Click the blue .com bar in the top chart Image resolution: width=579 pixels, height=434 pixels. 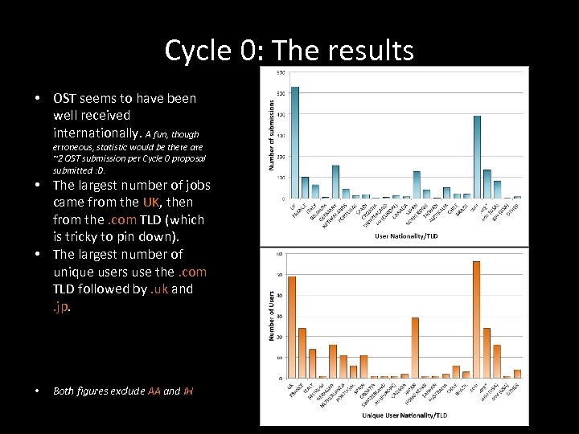(x=477, y=157)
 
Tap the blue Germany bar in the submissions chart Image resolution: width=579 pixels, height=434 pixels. (x=335, y=182)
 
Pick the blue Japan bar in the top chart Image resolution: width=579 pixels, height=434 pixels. (x=417, y=184)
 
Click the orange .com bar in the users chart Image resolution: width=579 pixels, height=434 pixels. (x=476, y=320)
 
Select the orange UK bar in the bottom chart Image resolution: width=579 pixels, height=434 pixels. (x=292, y=327)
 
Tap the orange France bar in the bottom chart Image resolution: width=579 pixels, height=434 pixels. (x=302, y=353)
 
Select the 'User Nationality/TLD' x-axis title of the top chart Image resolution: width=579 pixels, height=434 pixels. (x=406, y=236)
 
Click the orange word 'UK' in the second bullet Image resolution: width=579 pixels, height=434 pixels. (x=151, y=203)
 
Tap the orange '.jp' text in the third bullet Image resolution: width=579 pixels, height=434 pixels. (x=61, y=306)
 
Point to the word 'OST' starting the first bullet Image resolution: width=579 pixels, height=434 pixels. (x=64, y=98)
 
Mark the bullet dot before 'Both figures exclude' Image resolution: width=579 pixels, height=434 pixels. (x=38, y=391)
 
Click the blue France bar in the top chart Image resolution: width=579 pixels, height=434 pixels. (x=305, y=187)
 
